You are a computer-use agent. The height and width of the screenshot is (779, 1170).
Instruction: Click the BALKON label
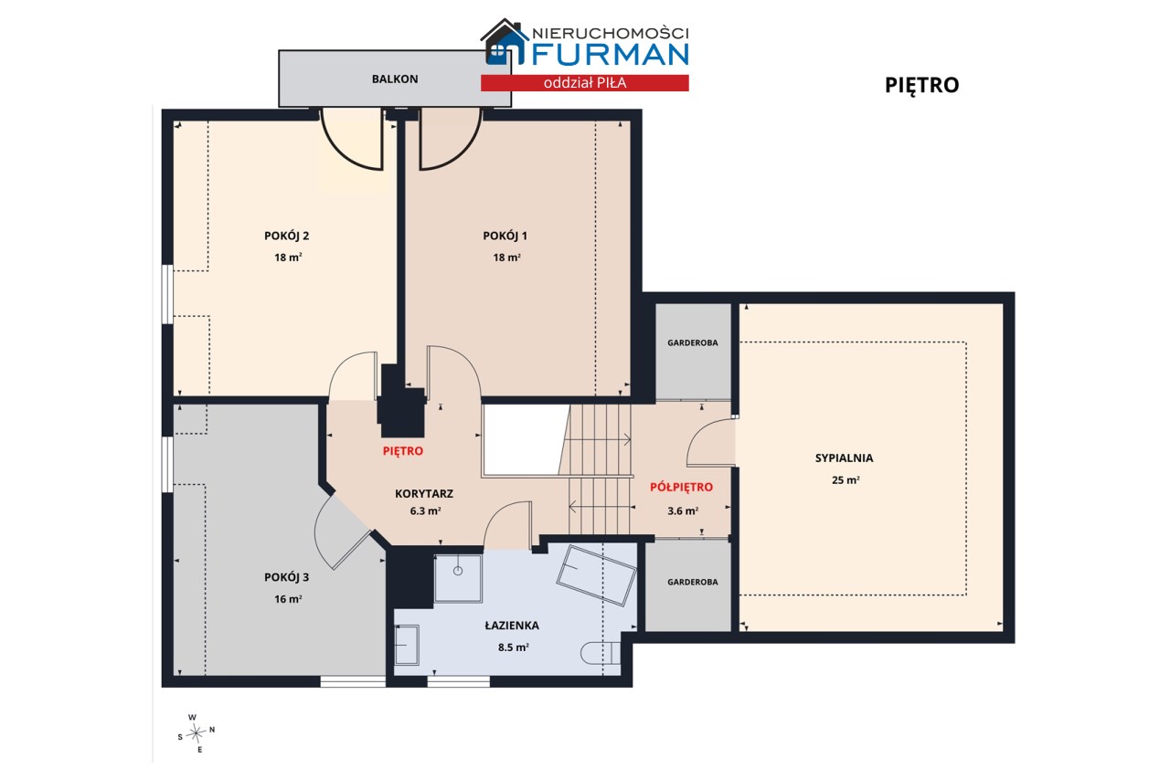[x=395, y=79]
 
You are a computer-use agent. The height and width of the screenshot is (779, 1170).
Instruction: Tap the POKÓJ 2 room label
[x=287, y=236]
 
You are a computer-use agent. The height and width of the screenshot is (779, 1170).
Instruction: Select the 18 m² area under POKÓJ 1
[x=506, y=258]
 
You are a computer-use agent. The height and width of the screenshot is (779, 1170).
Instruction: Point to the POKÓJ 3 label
[x=287, y=577]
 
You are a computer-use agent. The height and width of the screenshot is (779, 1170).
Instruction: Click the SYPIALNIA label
[x=844, y=458]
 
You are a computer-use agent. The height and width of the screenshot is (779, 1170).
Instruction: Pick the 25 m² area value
[x=846, y=480]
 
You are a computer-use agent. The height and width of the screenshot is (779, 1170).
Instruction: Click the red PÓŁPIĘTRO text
[x=681, y=488]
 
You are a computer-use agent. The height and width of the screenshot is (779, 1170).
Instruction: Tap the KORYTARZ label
[x=424, y=493]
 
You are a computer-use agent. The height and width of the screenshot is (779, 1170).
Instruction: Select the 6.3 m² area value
[x=425, y=511]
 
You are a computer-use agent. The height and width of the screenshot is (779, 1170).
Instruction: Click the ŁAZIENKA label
[x=512, y=626]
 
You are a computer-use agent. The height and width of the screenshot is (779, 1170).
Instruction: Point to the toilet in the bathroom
[x=601, y=653]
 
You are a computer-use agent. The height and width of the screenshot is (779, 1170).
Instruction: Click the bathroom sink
[x=407, y=645]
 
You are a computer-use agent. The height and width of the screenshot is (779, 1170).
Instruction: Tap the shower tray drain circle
[x=458, y=571]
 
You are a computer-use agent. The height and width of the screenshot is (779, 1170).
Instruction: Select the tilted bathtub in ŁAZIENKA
[x=596, y=575]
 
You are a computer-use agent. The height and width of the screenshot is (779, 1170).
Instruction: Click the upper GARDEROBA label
[x=693, y=342]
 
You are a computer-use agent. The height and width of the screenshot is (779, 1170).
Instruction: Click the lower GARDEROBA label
[x=693, y=582]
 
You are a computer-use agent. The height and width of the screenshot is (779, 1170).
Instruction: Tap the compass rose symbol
[x=197, y=733]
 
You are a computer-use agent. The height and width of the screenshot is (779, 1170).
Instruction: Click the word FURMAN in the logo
[x=610, y=55]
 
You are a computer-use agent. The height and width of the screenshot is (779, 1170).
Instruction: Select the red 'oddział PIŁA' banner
[x=585, y=83]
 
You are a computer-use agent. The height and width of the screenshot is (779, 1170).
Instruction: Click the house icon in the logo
[x=503, y=42]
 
